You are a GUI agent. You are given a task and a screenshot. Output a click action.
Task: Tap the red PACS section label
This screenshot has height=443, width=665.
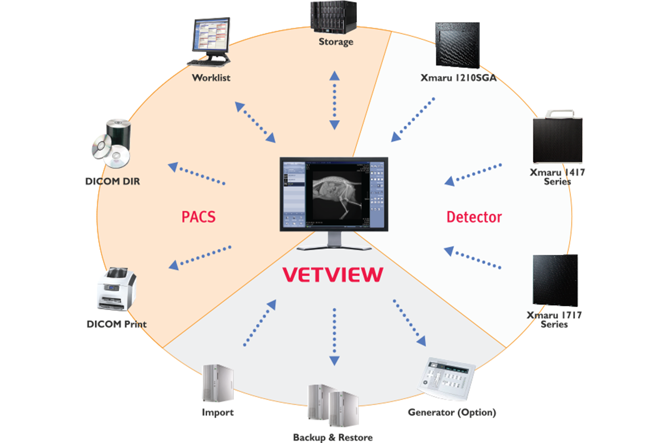point(198,216)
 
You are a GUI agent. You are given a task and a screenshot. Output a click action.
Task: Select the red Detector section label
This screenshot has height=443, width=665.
point(474,217)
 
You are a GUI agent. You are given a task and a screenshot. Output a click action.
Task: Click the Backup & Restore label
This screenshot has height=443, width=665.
point(332,437)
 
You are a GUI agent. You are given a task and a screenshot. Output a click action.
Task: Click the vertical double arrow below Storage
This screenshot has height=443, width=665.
point(334,100)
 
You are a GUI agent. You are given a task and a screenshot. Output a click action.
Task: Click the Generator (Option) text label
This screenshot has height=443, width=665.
point(452,413)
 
